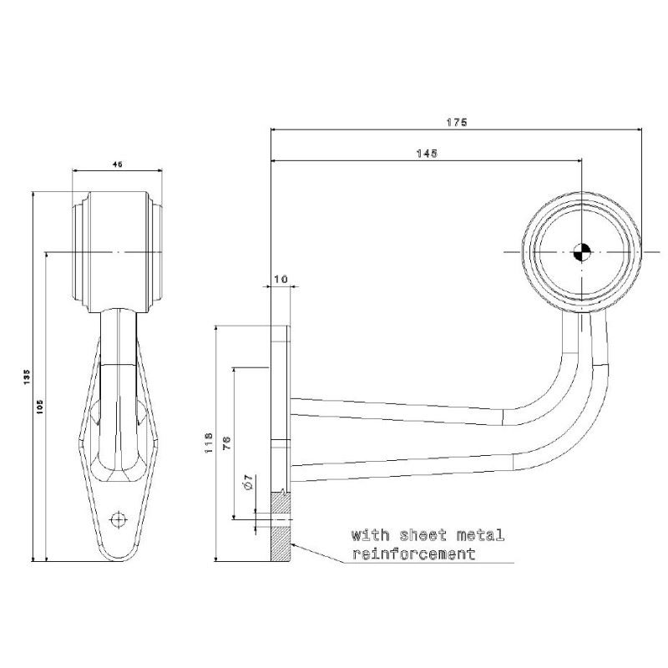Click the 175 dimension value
pyautogui.click(x=457, y=123)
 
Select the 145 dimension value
pyautogui.click(x=427, y=154)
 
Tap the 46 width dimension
pyautogui.click(x=117, y=164)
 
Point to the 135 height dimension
pyautogui.click(x=28, y=377)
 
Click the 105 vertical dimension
pyautogui.click(x=40, y=407)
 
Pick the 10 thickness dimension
pyautogui.click(x=281, y=279)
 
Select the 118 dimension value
pyautogui.click(x=210, y=443)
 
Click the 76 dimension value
pyautogui.click(x=227, y=443)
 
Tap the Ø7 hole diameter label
pyautogui.click(x=249, y=483)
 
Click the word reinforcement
pyautogui.click(x=413, y=554)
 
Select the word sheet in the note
pyautogui.click(x=423, y=535)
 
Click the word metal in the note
pyautogui.click(x=481, y=535)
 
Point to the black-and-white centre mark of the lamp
pyautogui.click(x=581, y=252)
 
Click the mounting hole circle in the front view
pyautogui.click(x=119, y=519)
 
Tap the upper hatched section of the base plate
pyautogui.click(x=281, y=505)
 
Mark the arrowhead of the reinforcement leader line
pyautogui.click(x=294, y=545)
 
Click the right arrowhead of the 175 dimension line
pyautogui.click(x=638, y=129)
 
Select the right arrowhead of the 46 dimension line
pyautogui.click(x=159, y=171)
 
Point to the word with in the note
pyautogui.click(x=370, y=535)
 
